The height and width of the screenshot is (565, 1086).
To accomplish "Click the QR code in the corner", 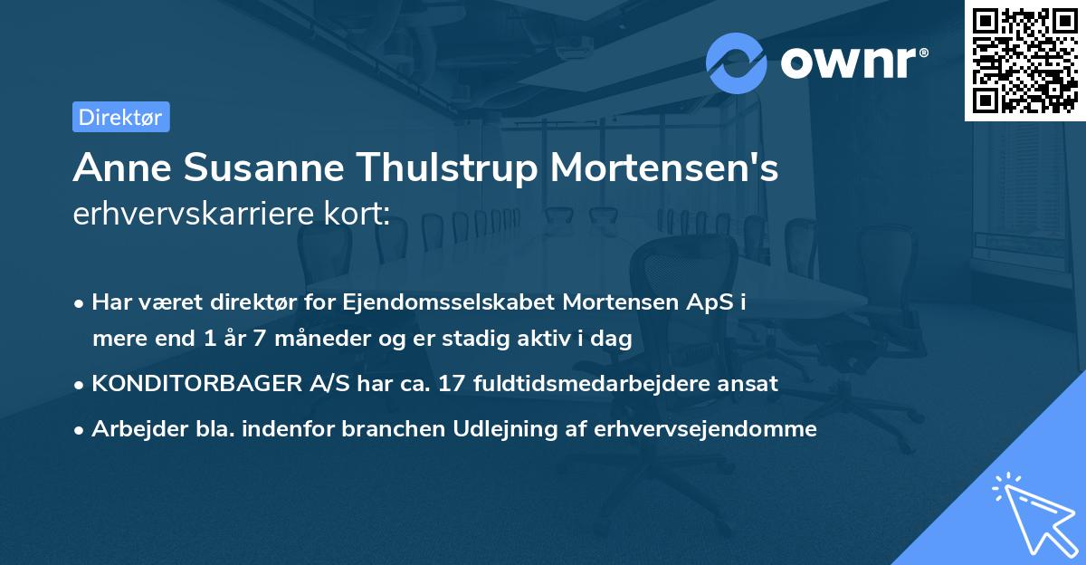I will tap(1024, 60).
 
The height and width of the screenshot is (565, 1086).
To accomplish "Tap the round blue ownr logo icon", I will tap(737, 63).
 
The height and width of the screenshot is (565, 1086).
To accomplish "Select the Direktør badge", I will tap(120, 117).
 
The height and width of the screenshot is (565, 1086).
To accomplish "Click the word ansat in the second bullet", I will tap(752, 383).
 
